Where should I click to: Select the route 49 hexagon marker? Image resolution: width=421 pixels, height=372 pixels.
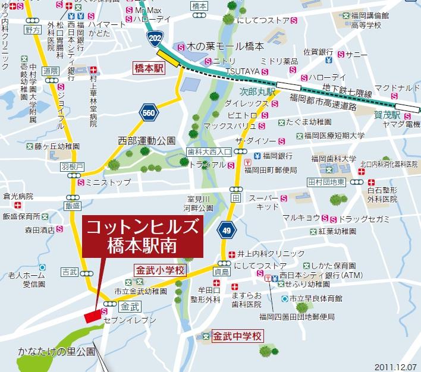225,230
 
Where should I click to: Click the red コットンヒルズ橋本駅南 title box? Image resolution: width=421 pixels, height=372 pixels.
142,236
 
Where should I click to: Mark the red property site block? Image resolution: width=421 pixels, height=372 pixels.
92,316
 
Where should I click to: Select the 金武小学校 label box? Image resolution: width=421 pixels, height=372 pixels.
160,270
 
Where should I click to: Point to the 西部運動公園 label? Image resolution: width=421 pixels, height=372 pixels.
147,141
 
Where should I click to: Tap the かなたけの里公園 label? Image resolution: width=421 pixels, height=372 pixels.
47,351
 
